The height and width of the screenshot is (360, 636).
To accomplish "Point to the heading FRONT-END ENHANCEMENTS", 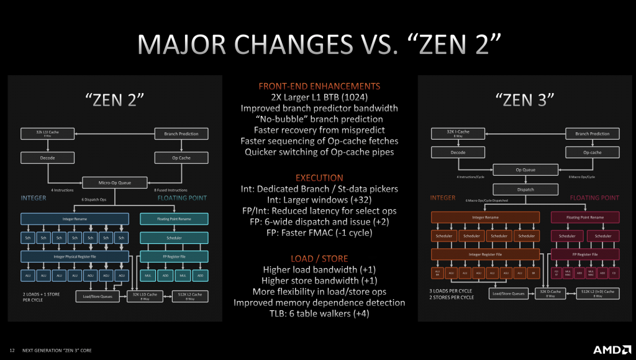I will (x=319, y=86).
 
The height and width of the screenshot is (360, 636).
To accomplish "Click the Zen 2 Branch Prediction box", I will (x=181, y=133).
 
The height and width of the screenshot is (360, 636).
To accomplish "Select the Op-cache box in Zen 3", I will (x=591, y=151).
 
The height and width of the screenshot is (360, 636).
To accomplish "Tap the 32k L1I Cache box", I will (x=48, y=133).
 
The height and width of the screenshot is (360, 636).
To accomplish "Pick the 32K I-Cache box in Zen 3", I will (x=459, y=133).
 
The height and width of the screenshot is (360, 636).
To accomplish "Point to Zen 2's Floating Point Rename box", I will (x=173, y=219).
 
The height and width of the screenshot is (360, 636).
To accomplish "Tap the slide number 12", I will (x=12, y=350).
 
